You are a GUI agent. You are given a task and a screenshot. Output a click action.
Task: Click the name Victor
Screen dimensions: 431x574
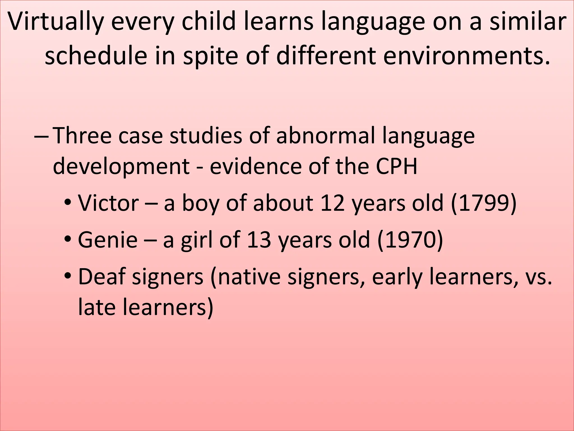click(108, 203)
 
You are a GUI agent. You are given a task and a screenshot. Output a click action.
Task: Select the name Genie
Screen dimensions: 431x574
click(108, 240)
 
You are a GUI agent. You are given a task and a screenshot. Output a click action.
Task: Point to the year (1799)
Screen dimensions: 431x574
click(484, 203)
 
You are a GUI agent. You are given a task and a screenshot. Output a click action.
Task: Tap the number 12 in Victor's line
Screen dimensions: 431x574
click(332, 203)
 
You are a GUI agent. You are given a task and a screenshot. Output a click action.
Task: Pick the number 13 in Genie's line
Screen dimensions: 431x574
click(259, 240)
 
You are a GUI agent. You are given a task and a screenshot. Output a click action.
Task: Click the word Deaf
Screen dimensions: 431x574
click(101, 277)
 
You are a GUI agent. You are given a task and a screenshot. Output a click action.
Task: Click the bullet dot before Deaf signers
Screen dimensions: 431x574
click(68, 277)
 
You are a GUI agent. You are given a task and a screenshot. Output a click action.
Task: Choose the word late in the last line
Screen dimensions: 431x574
click(96, 307)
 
